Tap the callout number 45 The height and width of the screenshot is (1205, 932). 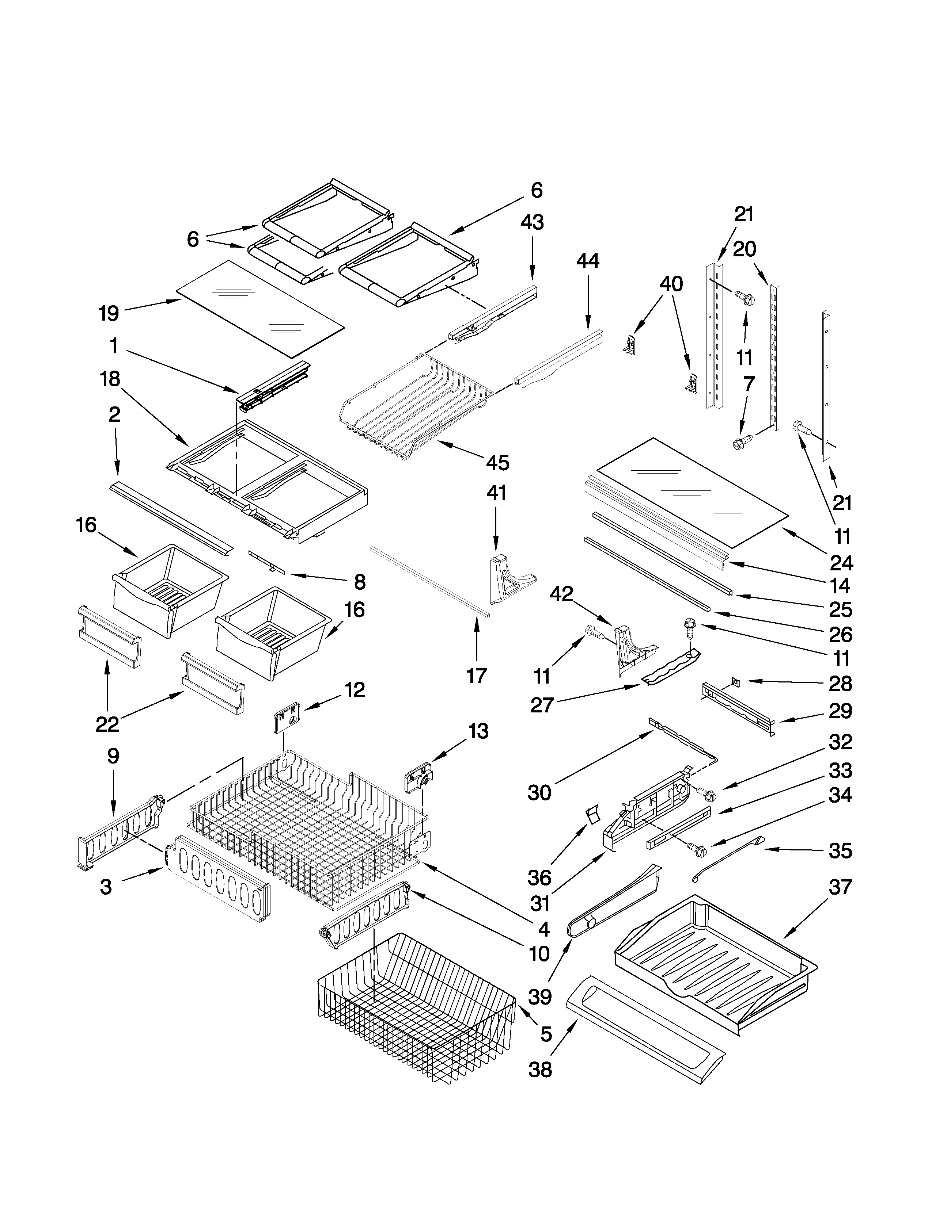coord(497,462)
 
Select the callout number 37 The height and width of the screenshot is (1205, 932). coord(840,888)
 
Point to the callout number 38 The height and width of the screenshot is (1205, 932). coord(540,1070)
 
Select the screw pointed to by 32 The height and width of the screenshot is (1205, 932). coord(707,795)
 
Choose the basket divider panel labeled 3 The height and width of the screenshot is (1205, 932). coord(221,882)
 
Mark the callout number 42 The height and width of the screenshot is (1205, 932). coord(561,594)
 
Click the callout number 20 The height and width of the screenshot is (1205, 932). coord(744,249)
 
